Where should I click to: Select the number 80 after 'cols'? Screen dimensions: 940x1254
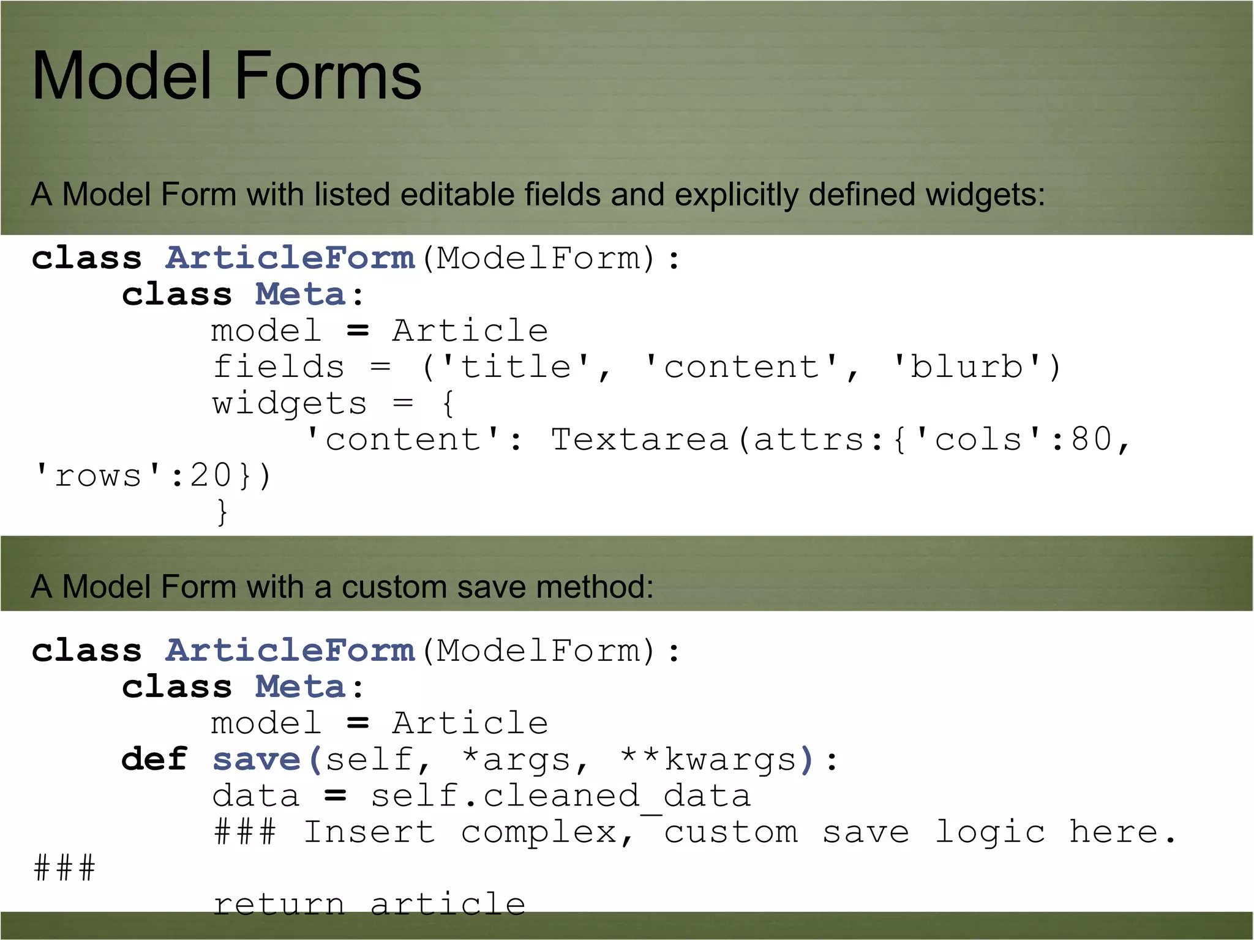[1091, 439]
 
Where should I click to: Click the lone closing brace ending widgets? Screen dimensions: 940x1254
[222, 512]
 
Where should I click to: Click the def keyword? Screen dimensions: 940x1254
[154, 759]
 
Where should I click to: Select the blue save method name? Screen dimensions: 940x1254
[257, 759]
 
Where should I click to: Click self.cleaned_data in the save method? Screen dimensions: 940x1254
[560, 796]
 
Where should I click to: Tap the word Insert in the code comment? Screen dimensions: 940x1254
[369, 832]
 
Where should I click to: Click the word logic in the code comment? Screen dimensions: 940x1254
[990, 832]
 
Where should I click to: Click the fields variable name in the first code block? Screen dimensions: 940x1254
[279, 367]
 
